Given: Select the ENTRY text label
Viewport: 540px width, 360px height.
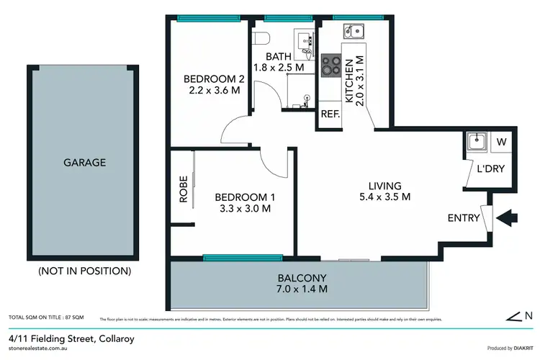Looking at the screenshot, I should tap(464, 218).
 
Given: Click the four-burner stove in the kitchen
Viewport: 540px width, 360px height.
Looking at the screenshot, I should tap(332, 66).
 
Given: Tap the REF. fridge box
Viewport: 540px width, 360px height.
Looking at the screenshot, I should tap(330, 114).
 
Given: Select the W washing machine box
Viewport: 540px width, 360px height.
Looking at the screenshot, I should tap(501, 142).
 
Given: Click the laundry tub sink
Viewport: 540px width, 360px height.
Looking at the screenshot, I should tap(475, 142).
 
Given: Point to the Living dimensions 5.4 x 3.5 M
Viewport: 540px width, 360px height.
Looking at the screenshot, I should tap(386, 197).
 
